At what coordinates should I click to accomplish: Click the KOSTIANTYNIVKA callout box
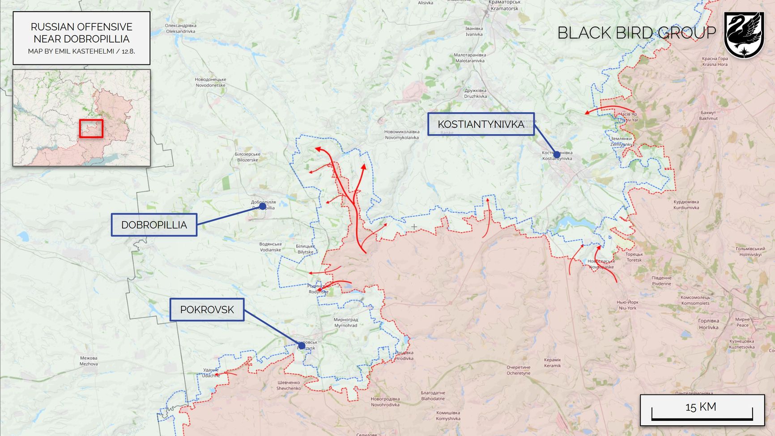click(481, 124)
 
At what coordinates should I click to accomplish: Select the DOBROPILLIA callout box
click(154, 225)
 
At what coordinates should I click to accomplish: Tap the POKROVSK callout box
click(207, 309)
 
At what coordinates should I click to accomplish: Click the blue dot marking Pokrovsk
click(302, 346)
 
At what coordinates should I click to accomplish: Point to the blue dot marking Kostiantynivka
click(557, 155)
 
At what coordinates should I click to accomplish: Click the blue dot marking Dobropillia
click(262, 207)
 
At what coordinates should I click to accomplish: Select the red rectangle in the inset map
click(91, 128)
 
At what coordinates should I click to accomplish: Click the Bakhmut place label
click(708, 115)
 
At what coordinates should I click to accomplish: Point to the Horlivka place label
click(708, 324)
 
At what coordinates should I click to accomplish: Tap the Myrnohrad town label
click(346, 322)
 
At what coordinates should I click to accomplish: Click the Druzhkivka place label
click(475, 93)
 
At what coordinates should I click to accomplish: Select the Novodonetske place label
click(210, 82)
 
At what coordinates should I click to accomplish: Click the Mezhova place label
click(89, 361)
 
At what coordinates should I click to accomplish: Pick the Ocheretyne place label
click(518, 370)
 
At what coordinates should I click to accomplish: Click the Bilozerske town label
click(247, 157)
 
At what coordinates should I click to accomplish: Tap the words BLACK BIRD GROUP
click(636, 33)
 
